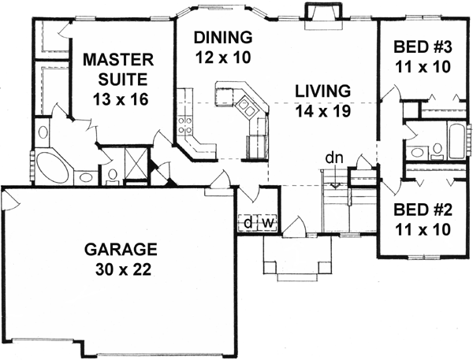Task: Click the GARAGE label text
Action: (121, 250)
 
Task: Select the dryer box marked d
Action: (248, 223)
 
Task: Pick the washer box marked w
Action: (267, 223)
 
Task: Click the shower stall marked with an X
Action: (136, 165)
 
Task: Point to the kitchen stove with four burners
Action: (187, 124)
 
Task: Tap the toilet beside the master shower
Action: (112, 173)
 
